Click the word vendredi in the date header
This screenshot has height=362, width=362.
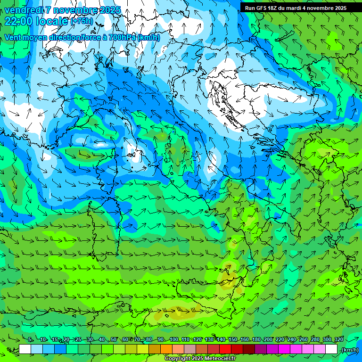point(23,10)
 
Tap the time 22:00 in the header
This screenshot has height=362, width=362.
point(20,21)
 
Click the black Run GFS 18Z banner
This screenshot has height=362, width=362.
point(296,8)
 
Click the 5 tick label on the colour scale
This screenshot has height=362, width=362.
point(30,339)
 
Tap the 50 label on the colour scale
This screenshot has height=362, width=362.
point(114,339)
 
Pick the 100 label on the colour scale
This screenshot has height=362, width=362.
point(173,339)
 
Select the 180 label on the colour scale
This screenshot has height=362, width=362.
point(256,339)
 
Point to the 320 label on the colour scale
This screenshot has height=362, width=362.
point(338,339)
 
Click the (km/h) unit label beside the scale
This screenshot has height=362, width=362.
point(350,350)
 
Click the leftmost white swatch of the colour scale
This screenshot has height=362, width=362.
point(25,349)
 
